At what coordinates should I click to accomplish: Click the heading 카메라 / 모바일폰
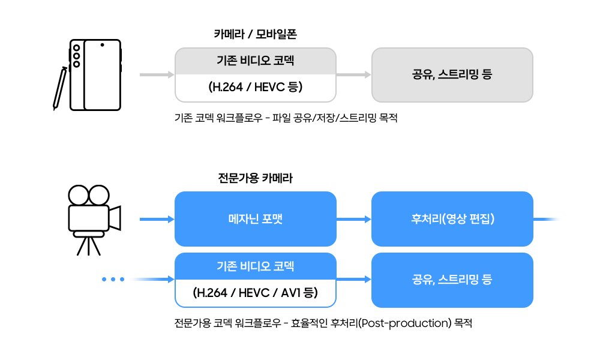point(255,34)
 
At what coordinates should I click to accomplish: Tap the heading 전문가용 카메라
point(255,178)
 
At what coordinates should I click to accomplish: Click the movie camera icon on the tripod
point(93,216)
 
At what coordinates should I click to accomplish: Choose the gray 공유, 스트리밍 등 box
point(452,75)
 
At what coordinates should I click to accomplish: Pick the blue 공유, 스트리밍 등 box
point(452,280)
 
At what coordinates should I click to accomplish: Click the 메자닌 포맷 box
point(255,219)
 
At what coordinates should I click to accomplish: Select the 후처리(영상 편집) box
point(452,219)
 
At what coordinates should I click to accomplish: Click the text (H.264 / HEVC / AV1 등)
point(255,293)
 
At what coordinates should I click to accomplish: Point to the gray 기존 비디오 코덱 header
point(255,61)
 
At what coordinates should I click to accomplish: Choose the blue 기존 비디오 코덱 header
point(255,266)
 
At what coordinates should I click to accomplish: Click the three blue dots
point(113,280)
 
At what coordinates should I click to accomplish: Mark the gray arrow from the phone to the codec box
point(157,75)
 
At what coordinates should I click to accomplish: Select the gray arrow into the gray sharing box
point(354,75)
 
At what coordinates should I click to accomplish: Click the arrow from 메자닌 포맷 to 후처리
point(354,219)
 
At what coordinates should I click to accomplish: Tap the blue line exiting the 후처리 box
point(546,219)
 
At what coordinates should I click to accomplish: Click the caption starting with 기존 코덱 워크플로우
point(286,118)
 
